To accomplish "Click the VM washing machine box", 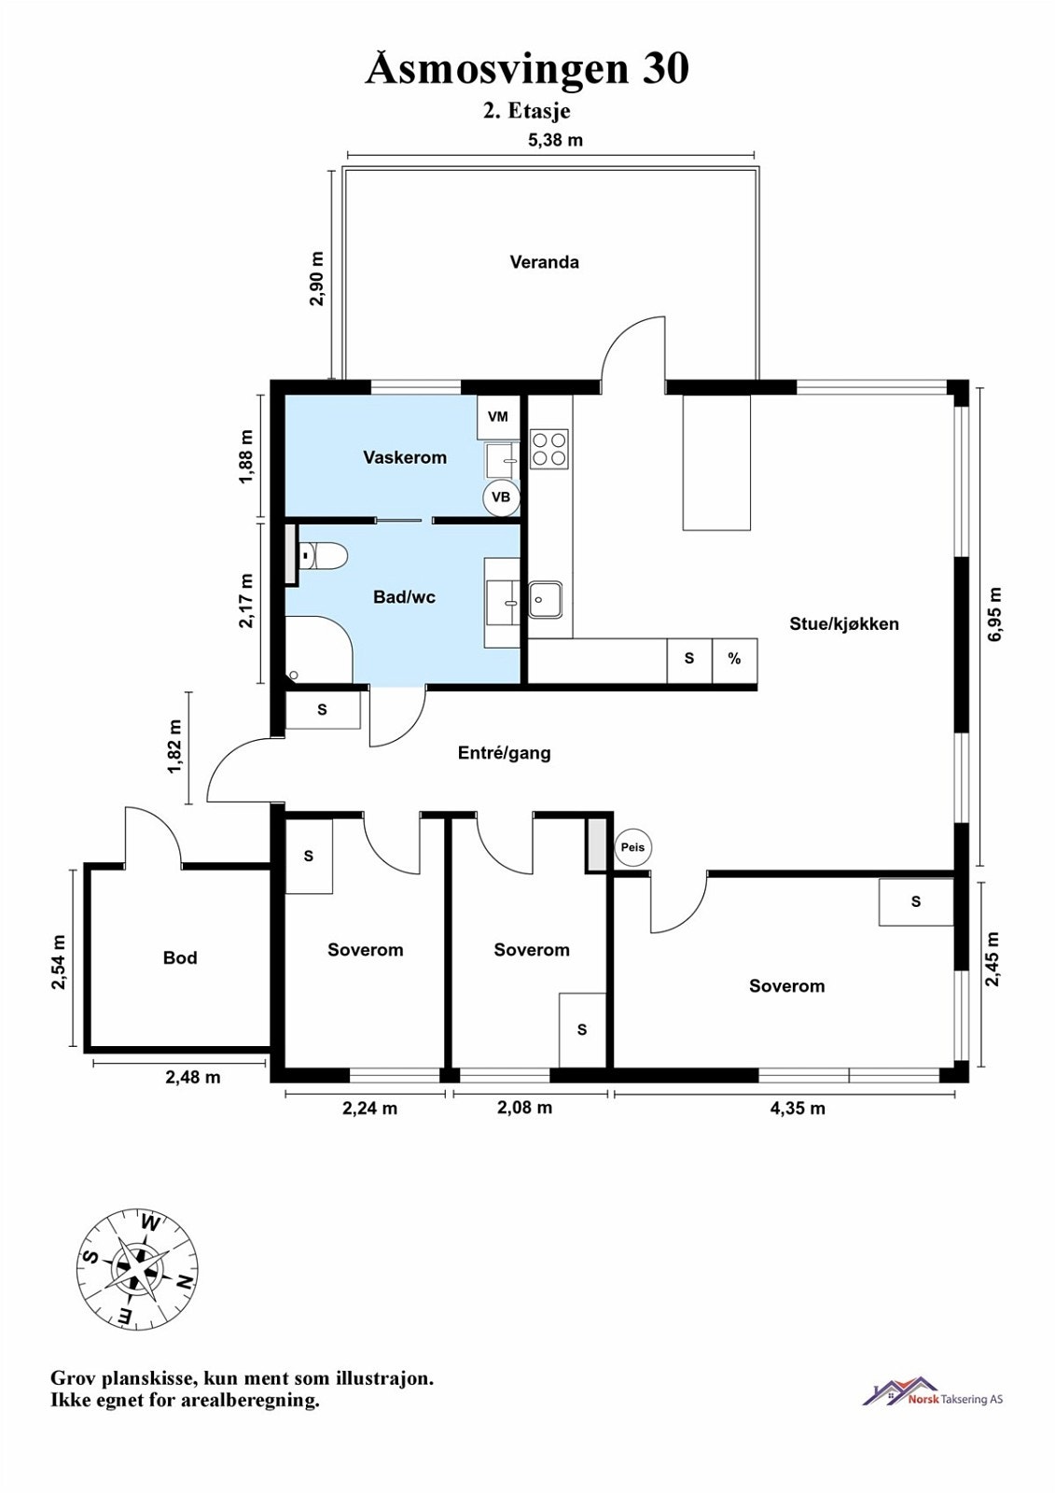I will coord(497,417).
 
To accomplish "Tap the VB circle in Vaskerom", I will coord(501,497).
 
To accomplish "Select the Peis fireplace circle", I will coord(632,848).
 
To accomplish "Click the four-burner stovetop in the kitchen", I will coord(549,448).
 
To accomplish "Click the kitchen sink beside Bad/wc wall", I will coord(546,599).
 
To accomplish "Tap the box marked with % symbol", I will coord(735,660).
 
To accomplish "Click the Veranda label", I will coord(544,262).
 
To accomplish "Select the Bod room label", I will coord(180,958).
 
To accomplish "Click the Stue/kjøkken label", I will coord(843,624).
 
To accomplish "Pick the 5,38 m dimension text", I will coord(555,141).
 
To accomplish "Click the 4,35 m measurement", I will coord(798,1109).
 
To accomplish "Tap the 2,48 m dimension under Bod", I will coord(193,1077).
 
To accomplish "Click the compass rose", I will coord(137,1268).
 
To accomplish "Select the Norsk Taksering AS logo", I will coord(933,1392).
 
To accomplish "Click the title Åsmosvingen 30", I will coord(527,69).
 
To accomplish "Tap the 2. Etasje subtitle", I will coord(526,111).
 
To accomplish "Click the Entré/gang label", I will coord(504,753).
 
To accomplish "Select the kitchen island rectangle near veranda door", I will coord(716,463).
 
